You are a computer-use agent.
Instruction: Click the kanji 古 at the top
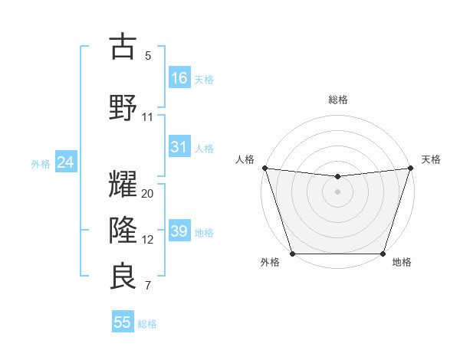tap(123, 47)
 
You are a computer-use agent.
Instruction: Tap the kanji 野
tap(123, 106)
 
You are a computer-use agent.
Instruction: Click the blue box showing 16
tap(180, 78)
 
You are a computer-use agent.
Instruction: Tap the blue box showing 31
tap(180, 148)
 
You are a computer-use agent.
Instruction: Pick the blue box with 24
tap(65, 162)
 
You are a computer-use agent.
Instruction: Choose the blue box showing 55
tap(123, 322)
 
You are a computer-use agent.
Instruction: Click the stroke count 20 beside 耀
tap(148, 194)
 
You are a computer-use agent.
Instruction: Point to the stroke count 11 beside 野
tap(148, 116)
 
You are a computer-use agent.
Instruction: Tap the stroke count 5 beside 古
tap(148, 56)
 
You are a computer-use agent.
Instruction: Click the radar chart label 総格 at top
tap(338, 100)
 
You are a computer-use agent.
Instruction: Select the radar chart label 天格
tap(431, 159)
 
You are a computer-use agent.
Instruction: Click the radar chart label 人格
tap(245, 159)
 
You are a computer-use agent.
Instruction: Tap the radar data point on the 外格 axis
tap(292, 254)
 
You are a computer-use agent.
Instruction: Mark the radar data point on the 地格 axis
tap(383, 254)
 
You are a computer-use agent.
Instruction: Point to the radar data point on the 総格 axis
tap(337, 177)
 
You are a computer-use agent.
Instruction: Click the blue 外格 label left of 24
tap(41, 163)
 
